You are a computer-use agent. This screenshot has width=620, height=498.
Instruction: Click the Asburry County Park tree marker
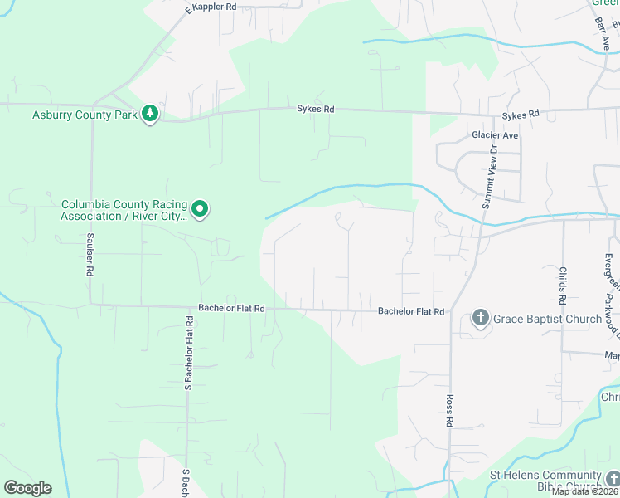click(x=150, y=114)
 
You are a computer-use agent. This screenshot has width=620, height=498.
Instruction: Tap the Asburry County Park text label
click(x=85, y=115)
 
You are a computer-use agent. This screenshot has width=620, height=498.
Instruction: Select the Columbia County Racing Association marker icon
click(x=200, y=209)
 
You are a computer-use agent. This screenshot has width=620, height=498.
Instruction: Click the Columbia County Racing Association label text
click(x=124, y=210)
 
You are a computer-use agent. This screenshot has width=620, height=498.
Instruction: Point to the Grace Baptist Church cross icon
click(x=480, y=318)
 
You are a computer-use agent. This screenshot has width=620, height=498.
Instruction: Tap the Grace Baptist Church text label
click(x=547, y=319)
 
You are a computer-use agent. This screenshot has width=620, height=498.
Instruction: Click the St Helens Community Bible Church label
click(x=545, y=481)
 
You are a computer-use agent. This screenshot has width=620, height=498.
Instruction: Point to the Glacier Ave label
click(x=494, y=135)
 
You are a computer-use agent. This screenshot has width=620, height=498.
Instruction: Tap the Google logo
click(x=27, y=488)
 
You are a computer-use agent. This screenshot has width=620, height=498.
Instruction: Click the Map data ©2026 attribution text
click(x=585, y=491)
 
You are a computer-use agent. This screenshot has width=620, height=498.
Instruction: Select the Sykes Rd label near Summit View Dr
click(x=521, y=114)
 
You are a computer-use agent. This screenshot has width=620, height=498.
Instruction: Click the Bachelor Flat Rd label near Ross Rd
click(x=411, y=312)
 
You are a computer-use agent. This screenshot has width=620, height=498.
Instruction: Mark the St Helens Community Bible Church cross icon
click(x=612, y=478)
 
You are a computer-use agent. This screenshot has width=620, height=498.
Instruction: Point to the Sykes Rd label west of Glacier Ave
click(x=316, y=109)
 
